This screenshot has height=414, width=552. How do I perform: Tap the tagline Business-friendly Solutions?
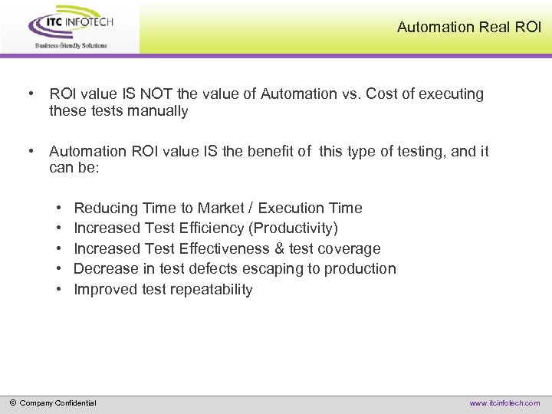coord(71,45)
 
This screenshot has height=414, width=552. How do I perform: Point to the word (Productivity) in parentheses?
coord(295,228)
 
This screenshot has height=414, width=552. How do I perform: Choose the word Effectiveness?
coord(225,248)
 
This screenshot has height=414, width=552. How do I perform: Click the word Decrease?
coord(106,269)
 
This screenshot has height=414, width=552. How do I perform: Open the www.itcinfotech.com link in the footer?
coord(504,403)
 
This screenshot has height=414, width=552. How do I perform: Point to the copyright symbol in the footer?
coord(12,402)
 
